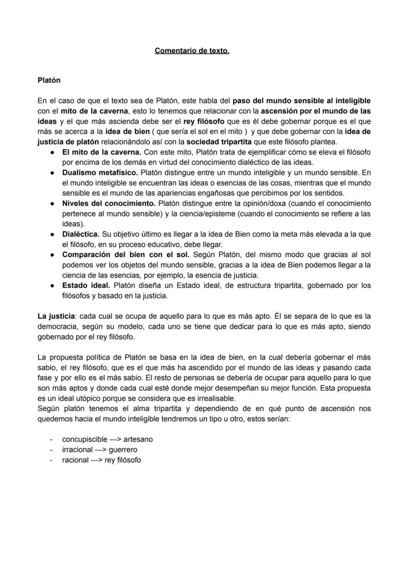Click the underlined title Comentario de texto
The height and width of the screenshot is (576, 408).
(192, 51)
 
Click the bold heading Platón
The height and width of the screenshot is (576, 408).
(49, 80)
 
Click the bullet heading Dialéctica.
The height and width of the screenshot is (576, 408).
(81, 234)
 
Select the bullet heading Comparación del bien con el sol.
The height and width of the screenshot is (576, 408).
(126, 255)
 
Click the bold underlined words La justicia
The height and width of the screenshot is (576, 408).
(56, 316)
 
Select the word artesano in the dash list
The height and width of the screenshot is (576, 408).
(138, 439)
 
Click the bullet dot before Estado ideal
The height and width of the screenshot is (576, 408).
(52, 286)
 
